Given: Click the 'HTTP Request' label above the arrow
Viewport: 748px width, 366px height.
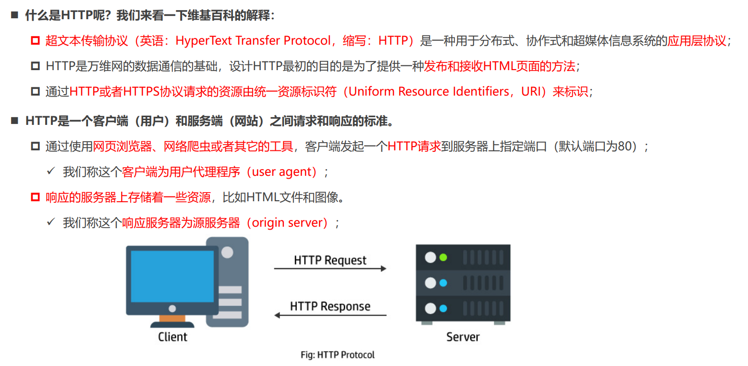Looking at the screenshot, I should [x=330, y=260].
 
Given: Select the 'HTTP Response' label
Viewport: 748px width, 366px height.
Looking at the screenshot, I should [x=330, y=306].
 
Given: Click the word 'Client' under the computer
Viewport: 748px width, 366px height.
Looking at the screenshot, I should [x=172, y=337].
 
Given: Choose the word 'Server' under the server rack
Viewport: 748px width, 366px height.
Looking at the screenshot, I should [x=463, y=337].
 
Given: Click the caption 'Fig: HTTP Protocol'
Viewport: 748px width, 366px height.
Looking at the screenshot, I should [x=337, y=355].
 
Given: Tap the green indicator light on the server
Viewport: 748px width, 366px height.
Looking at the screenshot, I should [x=443, y=257].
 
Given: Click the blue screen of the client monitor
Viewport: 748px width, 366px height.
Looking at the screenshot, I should [x=172, y=276].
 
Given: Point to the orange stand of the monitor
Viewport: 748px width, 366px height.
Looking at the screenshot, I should [x=172, y=317].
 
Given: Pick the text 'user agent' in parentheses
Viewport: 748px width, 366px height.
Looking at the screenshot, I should [x=284, y=172].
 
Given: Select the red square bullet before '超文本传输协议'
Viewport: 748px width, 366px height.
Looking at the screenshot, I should [x=35, y=41].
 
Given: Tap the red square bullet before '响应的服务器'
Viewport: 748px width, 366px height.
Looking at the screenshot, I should [x=35, y=197].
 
